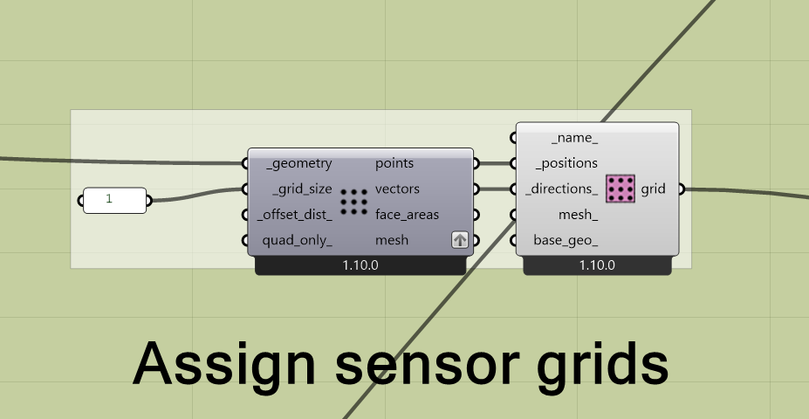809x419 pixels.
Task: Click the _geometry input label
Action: click(299, 163)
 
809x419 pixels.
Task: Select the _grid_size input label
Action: click(302, 189)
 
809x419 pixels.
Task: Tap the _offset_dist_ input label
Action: click(295, 214)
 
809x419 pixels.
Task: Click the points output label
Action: click(394, 163)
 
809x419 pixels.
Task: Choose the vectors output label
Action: click(397, 189)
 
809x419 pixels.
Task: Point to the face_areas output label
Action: click(407, 214)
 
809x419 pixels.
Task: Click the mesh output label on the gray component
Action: click(392, 239)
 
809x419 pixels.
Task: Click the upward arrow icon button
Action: click(460, 240)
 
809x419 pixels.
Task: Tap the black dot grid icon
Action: click(353, 202)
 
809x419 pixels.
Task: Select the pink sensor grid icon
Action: click(620, 189)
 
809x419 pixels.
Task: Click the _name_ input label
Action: click(574, 137)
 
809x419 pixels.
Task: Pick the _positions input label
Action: click(566, 163)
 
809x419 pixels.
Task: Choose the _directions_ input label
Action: click(563, 189)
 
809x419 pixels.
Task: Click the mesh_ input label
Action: click(578, 214)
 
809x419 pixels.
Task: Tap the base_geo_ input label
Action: click(566, 239)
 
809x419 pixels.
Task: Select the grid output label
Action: click(654, 189)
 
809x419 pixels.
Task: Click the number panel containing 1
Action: click(114, 200)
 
